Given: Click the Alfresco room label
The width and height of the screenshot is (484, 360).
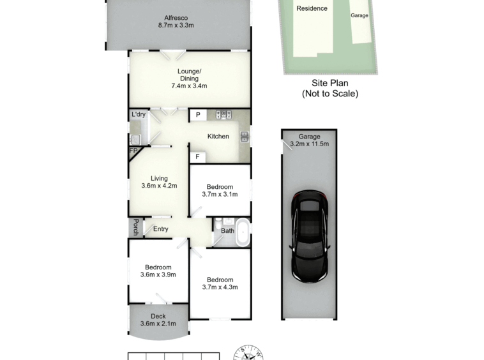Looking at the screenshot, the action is [176, 18].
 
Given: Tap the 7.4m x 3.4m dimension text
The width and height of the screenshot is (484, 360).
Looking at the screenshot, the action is [189, 86].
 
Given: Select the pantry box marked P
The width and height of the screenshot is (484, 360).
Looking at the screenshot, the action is [198, 115].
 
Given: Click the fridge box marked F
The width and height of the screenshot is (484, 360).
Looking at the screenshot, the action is [197, 157].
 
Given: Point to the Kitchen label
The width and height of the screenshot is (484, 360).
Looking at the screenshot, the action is [218, 137].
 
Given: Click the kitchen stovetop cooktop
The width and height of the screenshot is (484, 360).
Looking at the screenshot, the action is [223, 115].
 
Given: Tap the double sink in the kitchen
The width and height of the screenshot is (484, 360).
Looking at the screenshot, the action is [244, 137].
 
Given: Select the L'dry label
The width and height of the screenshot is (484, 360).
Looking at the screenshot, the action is [139, 114].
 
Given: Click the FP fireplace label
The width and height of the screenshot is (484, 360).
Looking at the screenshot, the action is [133, 151].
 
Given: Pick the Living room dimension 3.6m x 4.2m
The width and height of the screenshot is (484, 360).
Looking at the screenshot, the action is [159, 186].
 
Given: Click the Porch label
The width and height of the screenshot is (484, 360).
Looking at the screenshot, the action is [135, 227].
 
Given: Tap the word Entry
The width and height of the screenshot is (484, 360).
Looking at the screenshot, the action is [160, 229].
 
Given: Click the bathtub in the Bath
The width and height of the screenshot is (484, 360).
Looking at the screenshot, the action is [243, 232].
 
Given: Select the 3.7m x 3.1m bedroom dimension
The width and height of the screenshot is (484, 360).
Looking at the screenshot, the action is [220, 194].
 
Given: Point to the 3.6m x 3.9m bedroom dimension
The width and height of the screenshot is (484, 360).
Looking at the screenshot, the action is [158, 274].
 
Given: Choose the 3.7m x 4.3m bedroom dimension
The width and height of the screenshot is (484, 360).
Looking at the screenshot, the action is [220, 287].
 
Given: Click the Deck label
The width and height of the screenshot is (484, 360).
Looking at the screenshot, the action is [158, 316].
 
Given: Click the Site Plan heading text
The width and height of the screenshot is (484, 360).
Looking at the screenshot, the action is [330, 83].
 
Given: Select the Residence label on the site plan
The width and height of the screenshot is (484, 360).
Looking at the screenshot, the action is [312, 8].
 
